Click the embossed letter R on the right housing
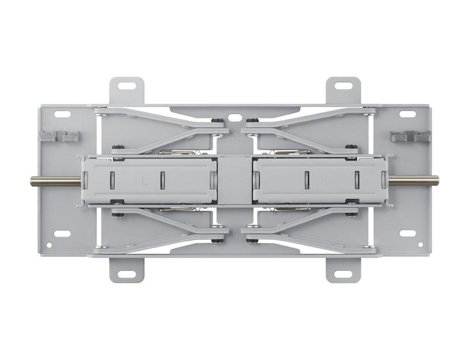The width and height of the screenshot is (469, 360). pyautogui.click(x=323, y=181)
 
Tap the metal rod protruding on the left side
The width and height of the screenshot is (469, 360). pyautogui.click(x=54, y=181)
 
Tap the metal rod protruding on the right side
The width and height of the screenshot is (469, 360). pyautogui.click(x=413, y=181)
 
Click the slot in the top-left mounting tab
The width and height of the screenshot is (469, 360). pyautogui.click(x=126, y=85)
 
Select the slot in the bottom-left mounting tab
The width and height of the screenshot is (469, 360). pyautogui.click(x=126, y=274)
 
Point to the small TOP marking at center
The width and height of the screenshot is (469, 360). pyautogui.click(x=235, y=141)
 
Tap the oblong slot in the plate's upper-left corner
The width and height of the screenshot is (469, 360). pyautogui.click(x=63, y=114)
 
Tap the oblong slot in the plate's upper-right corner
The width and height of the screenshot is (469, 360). pyautogui.click(x=407, y=114)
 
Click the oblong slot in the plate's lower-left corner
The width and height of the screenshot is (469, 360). pyautogui.click(x=63, y=233)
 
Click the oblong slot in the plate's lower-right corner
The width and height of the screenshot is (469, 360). pyautogui.click(x=407, y=233)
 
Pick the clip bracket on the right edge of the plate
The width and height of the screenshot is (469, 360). pyautogui.click(x=410, y=136)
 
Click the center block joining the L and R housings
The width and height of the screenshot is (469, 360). pyautogui.click(x=235, y=180)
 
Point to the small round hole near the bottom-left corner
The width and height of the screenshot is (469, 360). pyautogui.click(x=49, y=245)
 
